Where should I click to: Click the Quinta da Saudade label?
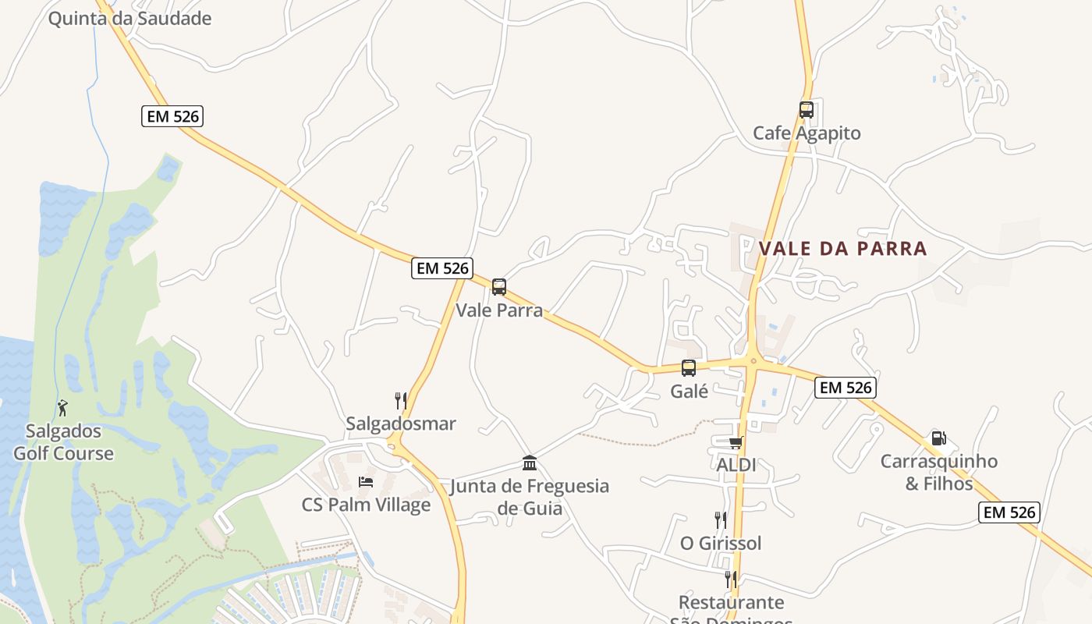[x=129, y=18]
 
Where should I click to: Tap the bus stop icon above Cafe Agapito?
[x=806, y=110]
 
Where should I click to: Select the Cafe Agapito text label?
[x=807, y=133]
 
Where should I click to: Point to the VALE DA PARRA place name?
[x=842, y=249]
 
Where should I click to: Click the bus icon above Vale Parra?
[x=499, y=286]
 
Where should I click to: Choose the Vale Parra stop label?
[x=499, y=310]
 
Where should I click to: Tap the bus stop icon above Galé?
[x=689, y=368]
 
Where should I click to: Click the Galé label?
[x=690, y=392]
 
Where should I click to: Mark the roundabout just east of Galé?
[x=753, y=361]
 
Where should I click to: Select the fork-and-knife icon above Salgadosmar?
[x=401, y=401]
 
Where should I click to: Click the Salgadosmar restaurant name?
[x=401, y=424]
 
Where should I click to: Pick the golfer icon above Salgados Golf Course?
[x=62, y=407]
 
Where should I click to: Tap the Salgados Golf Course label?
[x=63, y=442]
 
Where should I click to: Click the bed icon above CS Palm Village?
[x=366, y=481]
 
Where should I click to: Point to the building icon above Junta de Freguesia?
[x=530, y=463]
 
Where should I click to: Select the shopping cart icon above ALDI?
[x=736, y=443]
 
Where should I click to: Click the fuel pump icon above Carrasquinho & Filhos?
[x=938, y=438]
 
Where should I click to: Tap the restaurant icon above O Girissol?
[x=721, y=519]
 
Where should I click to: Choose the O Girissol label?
[x=721, y=543]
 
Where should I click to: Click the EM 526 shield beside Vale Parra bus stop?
[x=442, y=268]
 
